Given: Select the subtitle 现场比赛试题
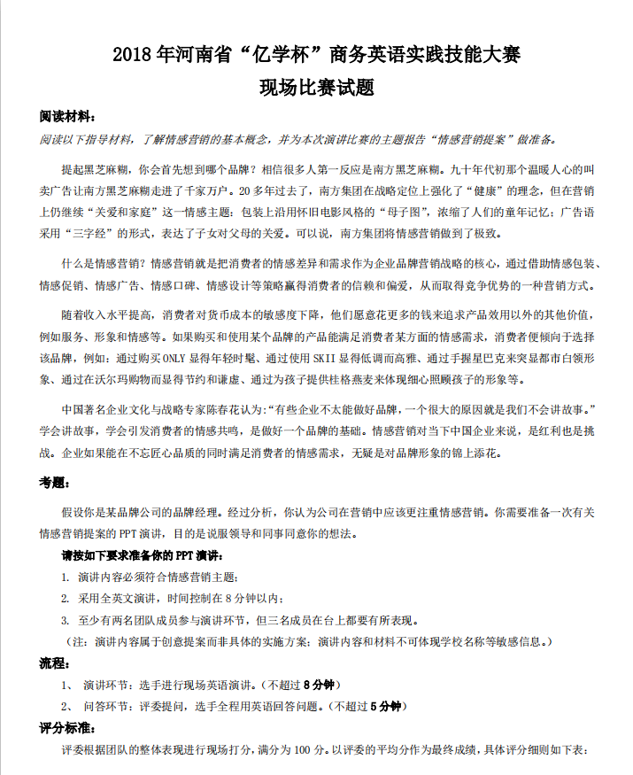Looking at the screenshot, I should (316, 88).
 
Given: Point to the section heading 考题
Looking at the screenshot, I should (53, 484).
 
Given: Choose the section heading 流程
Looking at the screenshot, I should (53, 663).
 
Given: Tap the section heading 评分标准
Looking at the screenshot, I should (66, 729).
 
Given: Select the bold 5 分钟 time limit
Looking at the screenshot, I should (386, 707).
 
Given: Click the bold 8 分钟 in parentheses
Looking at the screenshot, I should (319, 686).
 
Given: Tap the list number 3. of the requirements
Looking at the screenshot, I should (65, 620).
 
